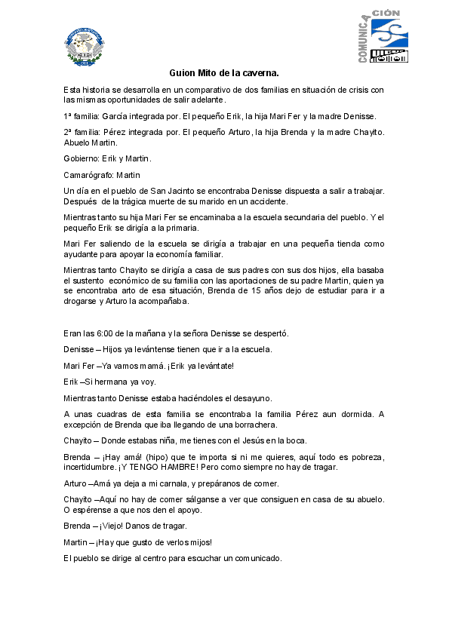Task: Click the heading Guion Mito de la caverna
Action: pyautogui.click(x=224, y=73)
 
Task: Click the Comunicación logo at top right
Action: pyautogui.click(x=383, y=36)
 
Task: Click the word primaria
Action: pyautogui.click(x=182, y=228)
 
